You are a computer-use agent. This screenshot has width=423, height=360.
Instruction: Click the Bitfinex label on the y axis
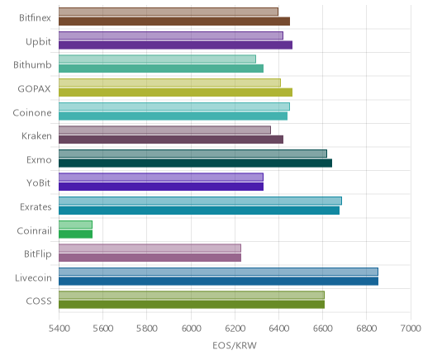tap(35, 18)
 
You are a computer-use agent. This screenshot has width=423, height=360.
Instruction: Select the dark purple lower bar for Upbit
tap(175, 45)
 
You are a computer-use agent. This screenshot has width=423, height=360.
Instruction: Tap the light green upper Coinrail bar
tap(75, 225)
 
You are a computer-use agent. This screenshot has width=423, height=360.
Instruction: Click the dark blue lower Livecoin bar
tap(218, 281)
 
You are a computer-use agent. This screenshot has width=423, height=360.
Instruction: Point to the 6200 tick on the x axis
tap(235, 329)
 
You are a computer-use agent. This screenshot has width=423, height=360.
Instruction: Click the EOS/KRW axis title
tap(235, 345)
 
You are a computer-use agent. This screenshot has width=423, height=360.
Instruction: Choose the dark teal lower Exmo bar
tap(195, 163)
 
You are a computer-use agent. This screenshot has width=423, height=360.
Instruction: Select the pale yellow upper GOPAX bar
tap(169, 83)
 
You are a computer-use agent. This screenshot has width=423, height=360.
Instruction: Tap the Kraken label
tap(36, 136)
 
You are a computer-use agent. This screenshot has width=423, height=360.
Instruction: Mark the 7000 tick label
tap(411, 329)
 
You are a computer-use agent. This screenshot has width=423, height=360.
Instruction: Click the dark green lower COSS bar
tap(192, 305)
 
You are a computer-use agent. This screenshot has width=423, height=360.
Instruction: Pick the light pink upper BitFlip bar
tap(150, 249)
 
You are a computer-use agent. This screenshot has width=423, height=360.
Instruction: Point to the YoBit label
tap(39, 183)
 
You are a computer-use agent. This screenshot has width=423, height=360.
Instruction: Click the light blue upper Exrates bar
tap(200, 201)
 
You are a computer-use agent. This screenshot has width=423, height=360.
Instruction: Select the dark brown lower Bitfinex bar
tap(174, 21)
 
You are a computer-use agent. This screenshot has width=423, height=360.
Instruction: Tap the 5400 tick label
tap(59, 329)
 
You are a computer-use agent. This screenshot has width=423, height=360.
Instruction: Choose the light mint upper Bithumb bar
tap(157, 59)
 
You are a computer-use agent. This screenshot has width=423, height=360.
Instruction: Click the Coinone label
tap(32, 113)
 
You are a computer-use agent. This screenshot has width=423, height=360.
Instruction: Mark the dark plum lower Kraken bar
tap(171, 140)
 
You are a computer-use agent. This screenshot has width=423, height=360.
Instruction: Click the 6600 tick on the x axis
tap(323, 329)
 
